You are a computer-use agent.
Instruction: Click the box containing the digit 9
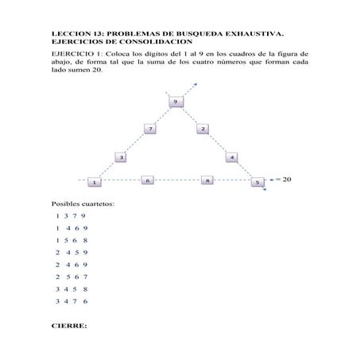(176, 102)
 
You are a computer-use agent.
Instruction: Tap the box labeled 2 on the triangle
(203, 128)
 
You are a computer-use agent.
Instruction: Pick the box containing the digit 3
(121, 157)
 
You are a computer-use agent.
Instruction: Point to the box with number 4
(231, 157)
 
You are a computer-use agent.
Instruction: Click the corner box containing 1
(94, 182)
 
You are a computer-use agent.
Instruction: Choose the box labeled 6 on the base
(147, 181)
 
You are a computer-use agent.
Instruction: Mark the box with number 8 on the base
(207, 181)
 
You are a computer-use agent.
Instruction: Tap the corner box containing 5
(257, 183)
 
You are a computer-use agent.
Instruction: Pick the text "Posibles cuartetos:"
(83, 204)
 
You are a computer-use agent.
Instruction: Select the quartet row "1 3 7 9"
(70, 215)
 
